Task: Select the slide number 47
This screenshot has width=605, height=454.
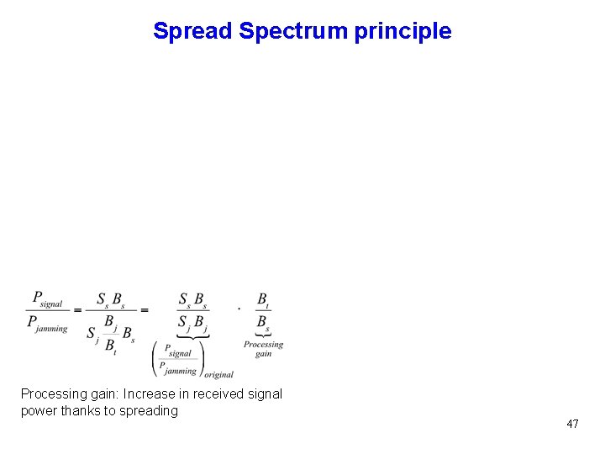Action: pos(572,424)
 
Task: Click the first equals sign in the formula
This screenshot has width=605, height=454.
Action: pos(77,309)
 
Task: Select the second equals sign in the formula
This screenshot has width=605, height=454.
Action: pos(144,309)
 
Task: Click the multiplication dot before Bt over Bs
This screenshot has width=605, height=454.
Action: pos(239,308)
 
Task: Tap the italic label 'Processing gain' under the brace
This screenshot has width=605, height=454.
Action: pos(263,349)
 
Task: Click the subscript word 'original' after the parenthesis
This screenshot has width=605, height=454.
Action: pos(218,374)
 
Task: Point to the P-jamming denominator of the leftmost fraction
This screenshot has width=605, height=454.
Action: pos(47,323)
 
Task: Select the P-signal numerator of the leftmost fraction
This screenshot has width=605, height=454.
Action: pos(47,298)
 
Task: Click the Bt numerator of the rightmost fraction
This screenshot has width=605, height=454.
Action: pos(263,298)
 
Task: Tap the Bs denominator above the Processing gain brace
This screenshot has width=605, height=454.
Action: pos(263,322)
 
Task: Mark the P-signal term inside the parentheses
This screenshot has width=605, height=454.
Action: pos(177,351)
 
